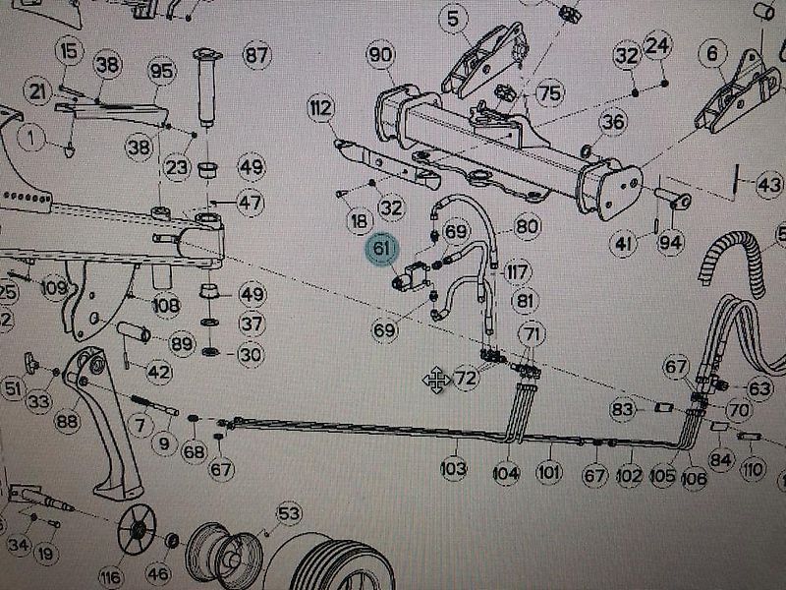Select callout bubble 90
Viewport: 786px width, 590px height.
(381, 55)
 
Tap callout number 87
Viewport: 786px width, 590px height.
(256, 55)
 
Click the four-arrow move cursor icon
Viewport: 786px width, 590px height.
(435, 380)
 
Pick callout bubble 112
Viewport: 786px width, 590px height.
(319, 107)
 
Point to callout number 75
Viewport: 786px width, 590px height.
(549, 93)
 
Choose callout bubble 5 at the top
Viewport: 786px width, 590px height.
(452, 18)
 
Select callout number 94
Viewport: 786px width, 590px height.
(671, 243)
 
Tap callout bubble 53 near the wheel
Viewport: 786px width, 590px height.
(288, 513)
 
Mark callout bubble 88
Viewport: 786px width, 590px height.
(67, 421)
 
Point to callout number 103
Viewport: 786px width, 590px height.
(453, 470)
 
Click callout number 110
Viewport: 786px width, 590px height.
(753, 470)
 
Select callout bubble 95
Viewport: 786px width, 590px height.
(161, 71)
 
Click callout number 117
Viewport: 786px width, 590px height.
(518, 271)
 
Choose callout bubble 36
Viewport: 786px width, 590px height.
(613, 122)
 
